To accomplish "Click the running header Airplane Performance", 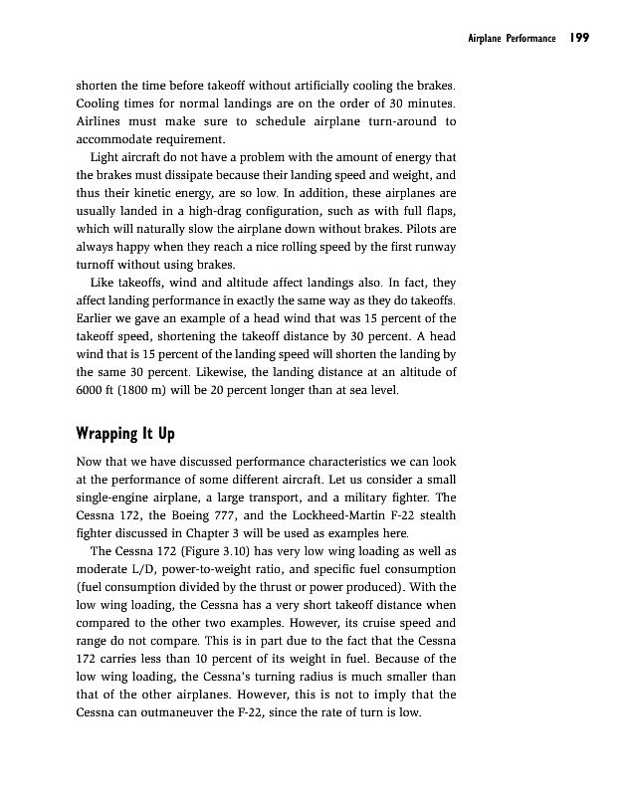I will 511,39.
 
